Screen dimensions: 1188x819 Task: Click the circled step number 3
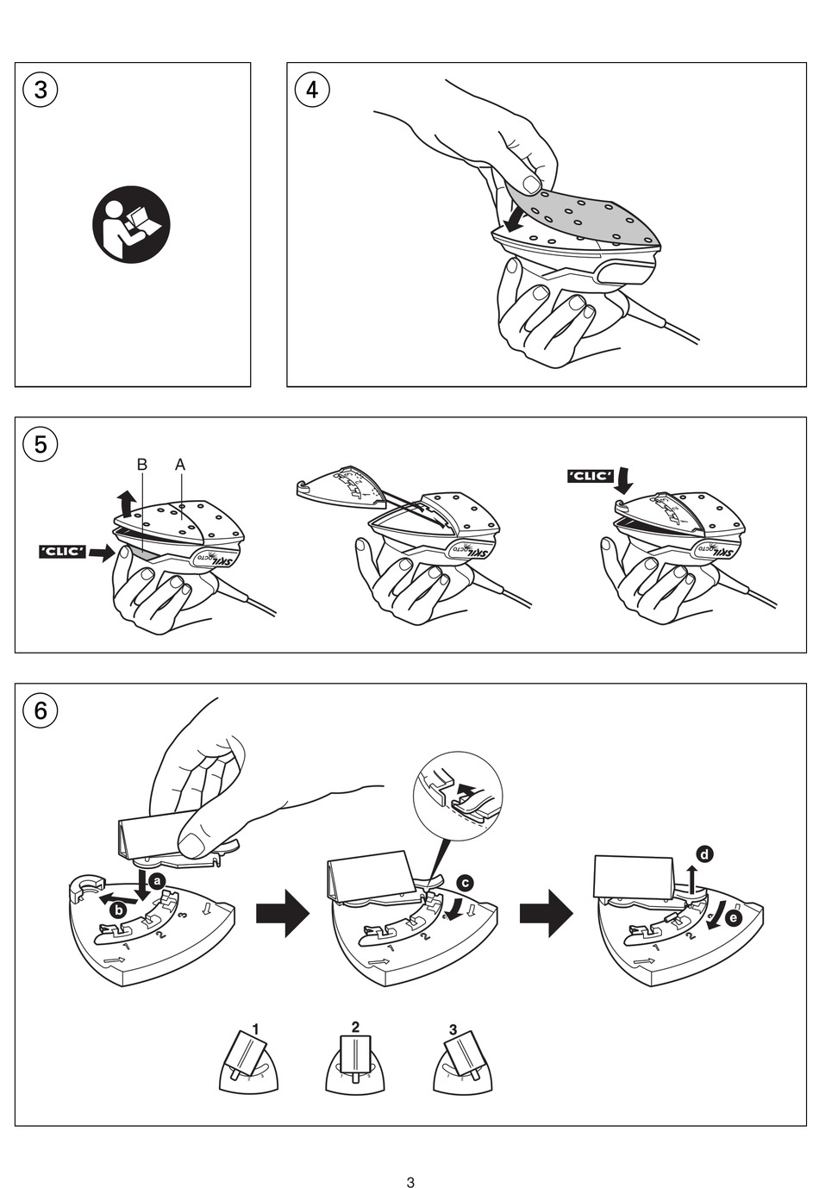(41, 90)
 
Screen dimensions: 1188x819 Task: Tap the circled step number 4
(312, 90)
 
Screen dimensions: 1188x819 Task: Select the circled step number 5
(41, 444)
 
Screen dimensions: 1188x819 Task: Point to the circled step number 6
(41, 710)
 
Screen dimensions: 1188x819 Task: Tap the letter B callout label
(142, 465)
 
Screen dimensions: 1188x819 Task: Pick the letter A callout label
(180, 465)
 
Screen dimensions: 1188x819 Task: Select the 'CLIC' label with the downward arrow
(591, 476)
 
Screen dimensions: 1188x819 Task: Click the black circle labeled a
(157, 881)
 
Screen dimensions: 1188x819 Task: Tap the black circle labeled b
(119, 909)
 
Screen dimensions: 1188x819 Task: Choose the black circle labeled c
(465, 883)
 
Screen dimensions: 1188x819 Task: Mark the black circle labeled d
(705, 854)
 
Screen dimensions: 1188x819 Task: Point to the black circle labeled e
(733, 918)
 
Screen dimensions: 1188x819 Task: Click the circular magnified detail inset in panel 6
(458, 794)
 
